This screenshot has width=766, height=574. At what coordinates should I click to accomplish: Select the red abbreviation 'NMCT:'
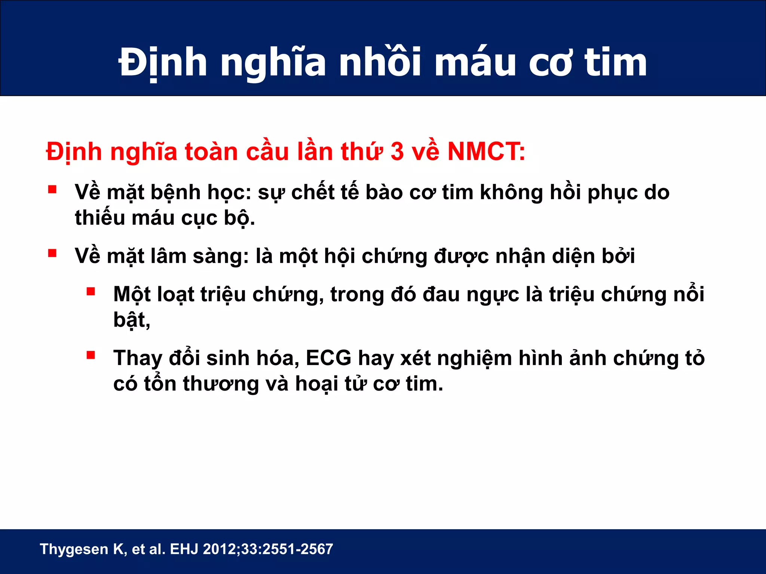[486, 152]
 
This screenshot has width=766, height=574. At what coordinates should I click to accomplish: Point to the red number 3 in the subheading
[397, 152]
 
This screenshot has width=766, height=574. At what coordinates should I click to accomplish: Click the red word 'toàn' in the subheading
[211, 152]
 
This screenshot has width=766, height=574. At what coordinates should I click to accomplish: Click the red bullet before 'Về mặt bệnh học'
[52, 189]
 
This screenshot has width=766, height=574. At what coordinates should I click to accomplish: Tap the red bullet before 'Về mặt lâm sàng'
[52, 254]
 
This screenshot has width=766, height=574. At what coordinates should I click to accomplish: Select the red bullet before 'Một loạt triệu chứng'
[91, 291]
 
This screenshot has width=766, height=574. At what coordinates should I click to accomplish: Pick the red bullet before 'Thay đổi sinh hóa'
[91, 355]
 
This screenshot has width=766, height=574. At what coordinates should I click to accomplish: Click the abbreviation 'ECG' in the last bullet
[328, 358]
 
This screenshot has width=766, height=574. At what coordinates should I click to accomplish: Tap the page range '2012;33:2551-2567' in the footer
[268, 549]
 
